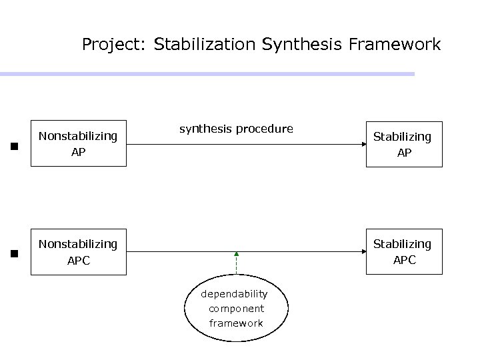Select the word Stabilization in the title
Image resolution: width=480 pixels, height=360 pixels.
[x=204, y=45]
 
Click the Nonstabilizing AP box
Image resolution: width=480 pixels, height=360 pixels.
[x=78, y=143]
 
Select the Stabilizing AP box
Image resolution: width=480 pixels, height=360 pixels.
[x=402, y=144]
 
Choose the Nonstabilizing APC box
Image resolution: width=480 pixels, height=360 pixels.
[x=78, y=252]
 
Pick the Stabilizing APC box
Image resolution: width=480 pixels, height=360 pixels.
[x=402, y=252]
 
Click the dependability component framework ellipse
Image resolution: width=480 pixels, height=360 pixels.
[x=237, y=308]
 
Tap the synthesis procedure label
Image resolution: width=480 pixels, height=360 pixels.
[x=236, y=129]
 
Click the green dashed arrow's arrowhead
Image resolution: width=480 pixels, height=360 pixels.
[x=237, y=255]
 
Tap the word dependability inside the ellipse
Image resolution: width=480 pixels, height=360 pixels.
[x=235, y=294]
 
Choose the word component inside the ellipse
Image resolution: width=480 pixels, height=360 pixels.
[x=236, y=309]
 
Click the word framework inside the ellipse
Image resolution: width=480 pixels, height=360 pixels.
[x=236, y=323]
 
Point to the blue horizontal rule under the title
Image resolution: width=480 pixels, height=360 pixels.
[x=207, y=74]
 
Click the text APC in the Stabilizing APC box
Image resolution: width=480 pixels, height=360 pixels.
[x=404, y=261]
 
